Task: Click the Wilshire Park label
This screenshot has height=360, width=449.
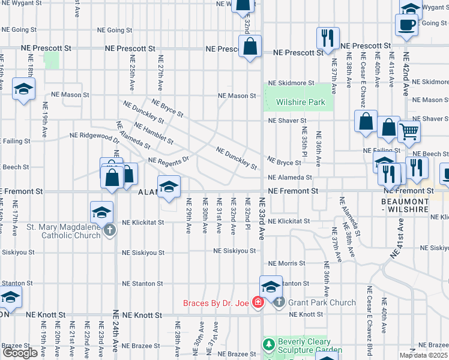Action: [x=301, y=103]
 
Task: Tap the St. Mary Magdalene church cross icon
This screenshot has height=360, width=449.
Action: [x=109, y=230]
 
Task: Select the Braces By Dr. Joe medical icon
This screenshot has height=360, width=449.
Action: [x=258, y=302]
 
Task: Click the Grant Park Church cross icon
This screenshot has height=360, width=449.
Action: [x=279, y=302]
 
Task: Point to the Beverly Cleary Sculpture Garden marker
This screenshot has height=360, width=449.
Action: [x=268, y=345]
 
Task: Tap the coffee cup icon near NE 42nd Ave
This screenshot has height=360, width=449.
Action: [x=406, y=25]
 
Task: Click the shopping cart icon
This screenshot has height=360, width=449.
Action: [x=409, y=131]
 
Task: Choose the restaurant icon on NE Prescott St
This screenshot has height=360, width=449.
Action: [x=328, y=38]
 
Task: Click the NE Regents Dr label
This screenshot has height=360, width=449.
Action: [x=169, y=160]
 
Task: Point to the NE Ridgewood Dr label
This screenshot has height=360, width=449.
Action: [x=95, y=136]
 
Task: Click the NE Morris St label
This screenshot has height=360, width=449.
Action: [x=288, y=263]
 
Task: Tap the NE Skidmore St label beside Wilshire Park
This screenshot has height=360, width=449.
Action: [x=291, y=83]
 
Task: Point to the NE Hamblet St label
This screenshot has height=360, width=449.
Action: [x=154, y=134]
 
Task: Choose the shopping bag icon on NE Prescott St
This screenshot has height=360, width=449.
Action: [x=250, y=46]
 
